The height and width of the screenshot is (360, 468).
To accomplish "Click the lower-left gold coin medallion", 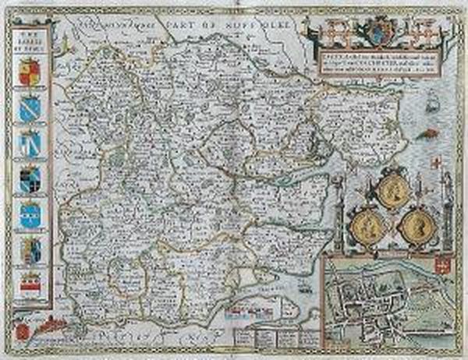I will click(363, 227).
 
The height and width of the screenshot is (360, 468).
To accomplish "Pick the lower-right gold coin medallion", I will click(416, 227).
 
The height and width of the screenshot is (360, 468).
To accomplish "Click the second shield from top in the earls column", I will click(30, 108).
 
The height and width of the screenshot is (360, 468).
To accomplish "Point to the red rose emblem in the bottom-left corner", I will click(23, 330).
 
